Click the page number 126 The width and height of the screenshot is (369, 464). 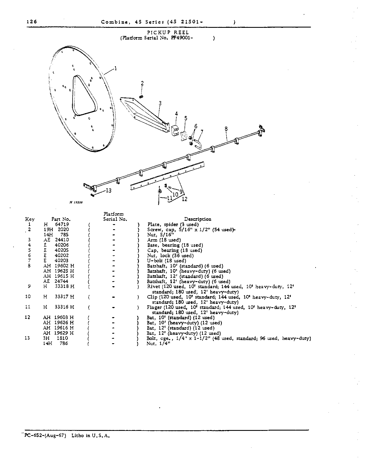[x=31, y=22]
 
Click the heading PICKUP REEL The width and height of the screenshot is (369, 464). [x=168, y=33]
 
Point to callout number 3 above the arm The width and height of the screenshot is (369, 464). [x=160, y=103]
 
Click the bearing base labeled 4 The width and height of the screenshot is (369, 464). [x=175, y=130]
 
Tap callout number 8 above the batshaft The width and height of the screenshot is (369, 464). [x=226, y=129]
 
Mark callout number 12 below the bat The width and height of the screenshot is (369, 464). [x=184, y=199]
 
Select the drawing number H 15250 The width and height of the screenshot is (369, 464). [x=75, y=202]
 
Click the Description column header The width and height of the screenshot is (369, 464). [x=197, y=219]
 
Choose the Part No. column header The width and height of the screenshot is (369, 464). [x=61, y=219]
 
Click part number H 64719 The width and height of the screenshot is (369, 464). [x=56, y=224]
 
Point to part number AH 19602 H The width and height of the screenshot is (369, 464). [x=58, y=266]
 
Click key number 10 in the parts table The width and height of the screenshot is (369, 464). [x=28, y=297]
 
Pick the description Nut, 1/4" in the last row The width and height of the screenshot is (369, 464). [x=159, y=344]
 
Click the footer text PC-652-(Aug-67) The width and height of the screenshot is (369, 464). [x=45, y=436]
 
